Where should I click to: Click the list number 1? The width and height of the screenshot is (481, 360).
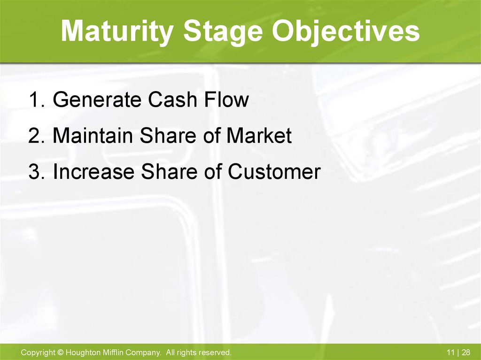point(37,100)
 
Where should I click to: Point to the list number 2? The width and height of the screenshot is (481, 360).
point(37,135)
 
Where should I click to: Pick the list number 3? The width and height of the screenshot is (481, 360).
point(37,171)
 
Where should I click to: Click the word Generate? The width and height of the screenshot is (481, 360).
point(97,100)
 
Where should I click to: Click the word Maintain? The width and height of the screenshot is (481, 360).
point(93,135)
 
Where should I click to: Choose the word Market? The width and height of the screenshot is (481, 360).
point(259,135)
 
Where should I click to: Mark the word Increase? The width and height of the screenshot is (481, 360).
point(93,171)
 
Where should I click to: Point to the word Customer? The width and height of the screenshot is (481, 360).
point(274,171)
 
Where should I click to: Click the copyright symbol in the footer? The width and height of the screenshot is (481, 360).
point(61,352)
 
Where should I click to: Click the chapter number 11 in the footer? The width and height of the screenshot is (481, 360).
point(450,352)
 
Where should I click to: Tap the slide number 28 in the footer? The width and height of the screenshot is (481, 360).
point(465,352)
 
